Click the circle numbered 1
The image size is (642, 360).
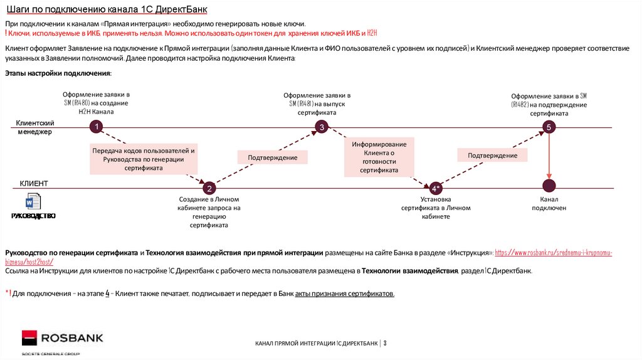[x=96, y=127]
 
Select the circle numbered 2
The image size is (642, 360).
[x=209, y=188]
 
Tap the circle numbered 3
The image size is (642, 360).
[x=321, y=127]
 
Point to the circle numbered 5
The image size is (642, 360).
[x=549, y=127]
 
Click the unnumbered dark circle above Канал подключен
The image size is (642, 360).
[x=549, y=186]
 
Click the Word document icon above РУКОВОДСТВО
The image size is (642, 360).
[x=33, y=202]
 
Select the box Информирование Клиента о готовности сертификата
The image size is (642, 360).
[x=379, y=157]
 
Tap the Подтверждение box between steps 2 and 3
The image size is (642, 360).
[x=272, y=157]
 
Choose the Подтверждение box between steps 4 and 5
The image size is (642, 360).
[x=492, y=155]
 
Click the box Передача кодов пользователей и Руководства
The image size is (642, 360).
[x=144, y=159]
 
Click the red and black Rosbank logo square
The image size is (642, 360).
[x=29, y=338]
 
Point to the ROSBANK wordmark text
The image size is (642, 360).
[x=72, y=339]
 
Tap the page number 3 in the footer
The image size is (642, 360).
[x=385, y=343]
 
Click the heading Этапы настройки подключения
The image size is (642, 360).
[x=58, y=73]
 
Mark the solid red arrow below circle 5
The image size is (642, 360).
[x=549, y=157]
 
